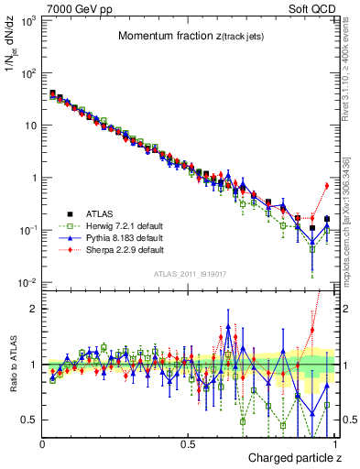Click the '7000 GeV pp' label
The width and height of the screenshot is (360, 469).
75,7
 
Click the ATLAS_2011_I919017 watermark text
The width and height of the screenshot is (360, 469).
189,273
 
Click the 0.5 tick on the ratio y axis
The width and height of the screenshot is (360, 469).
26,420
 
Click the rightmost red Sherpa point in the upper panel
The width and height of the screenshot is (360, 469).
327,186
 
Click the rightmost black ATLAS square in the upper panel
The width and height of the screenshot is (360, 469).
327,219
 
